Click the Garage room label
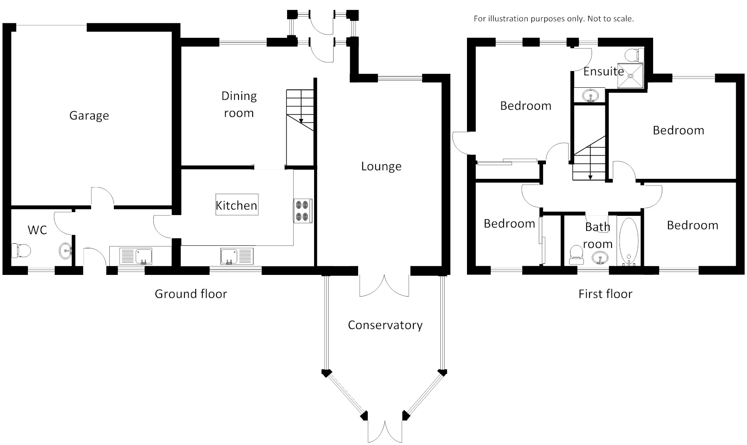(89, 115)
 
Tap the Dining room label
(239, 104)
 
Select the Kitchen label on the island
(236, 205)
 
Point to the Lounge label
(381, 166)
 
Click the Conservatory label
(385, 325)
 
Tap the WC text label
(37, 230)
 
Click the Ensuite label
(603, 72)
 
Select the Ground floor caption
(191, 294)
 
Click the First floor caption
(605, 294)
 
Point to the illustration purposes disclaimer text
(553, 19)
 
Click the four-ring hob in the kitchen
(302, 211)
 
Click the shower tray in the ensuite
(631, 76)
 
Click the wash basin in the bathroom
(600, 258)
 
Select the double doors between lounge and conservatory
(385, 285)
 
